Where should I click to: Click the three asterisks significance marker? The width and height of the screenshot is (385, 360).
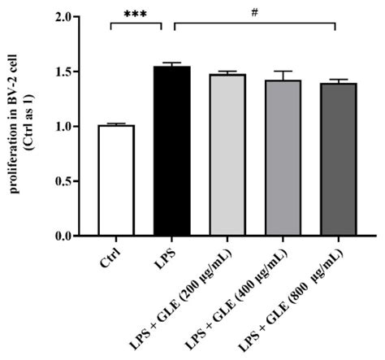click(x=136, y=15)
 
